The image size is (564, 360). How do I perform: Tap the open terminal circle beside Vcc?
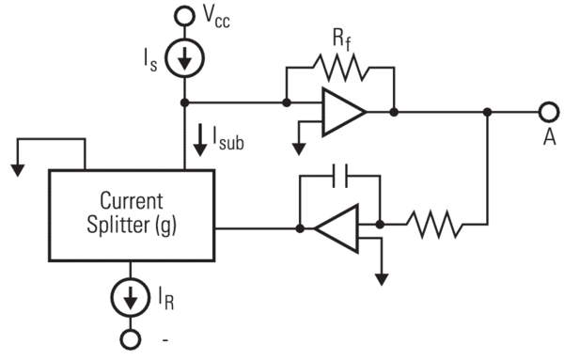[x=185, y=16]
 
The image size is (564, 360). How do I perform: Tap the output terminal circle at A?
[x=547, y=112]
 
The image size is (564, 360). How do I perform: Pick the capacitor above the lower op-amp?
[x=340, y=176]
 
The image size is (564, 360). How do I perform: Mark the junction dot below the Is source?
[x=185, y=102]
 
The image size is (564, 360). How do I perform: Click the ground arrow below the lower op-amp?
[x=381, y=277]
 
